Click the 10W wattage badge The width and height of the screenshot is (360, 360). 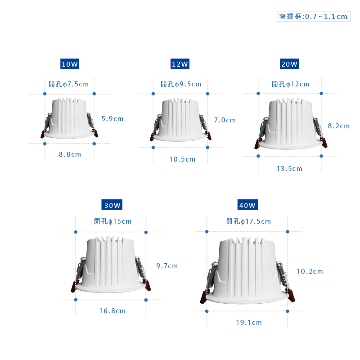pos(70,64)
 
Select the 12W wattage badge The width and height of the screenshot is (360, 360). pos(180,64)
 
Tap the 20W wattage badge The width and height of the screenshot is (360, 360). pos(289,64)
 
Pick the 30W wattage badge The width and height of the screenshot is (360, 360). pos(112,205)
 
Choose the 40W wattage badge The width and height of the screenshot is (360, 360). pos(248,205)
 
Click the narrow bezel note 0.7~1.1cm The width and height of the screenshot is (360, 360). pos(314,16)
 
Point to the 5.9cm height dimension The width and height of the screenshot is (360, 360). pos(112,119)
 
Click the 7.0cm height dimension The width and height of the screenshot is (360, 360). pos(225,120)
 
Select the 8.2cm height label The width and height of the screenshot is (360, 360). pos(339,126)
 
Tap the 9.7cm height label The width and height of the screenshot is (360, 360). pos(167,266)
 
